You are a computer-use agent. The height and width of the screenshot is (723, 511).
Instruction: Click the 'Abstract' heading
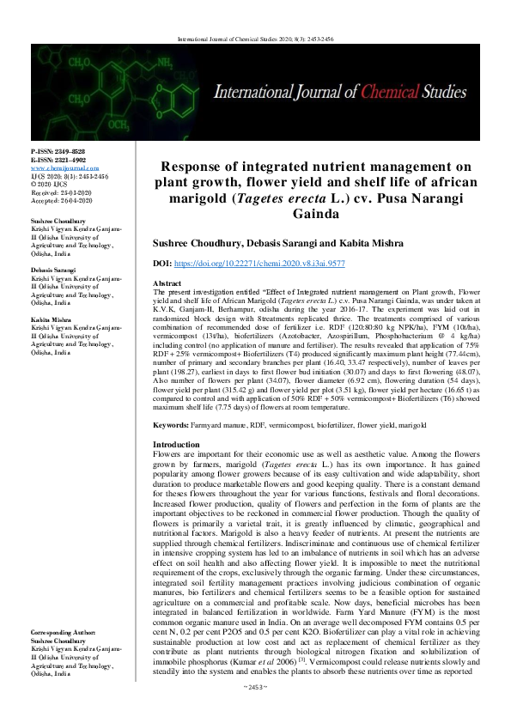click(x=167, y=283)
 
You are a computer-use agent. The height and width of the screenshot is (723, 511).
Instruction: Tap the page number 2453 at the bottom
click(x=256, y=710)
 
